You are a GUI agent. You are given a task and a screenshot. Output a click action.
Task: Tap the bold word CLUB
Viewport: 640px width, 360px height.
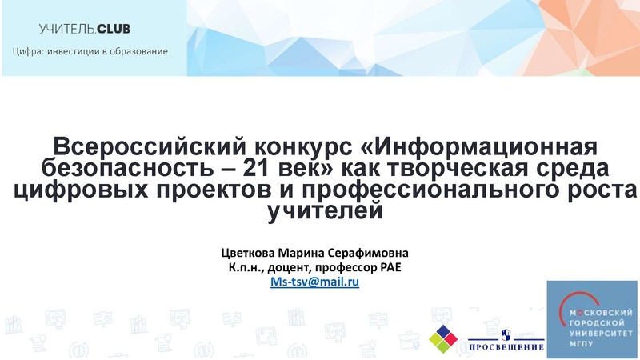(114, 30)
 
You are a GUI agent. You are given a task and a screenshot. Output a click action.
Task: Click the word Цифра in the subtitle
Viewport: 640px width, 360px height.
(28, 53)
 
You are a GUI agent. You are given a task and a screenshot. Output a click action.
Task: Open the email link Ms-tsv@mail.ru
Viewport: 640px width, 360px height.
(315, 282)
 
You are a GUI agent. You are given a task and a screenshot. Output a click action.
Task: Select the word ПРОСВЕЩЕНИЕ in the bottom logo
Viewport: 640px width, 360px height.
(506, 347)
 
